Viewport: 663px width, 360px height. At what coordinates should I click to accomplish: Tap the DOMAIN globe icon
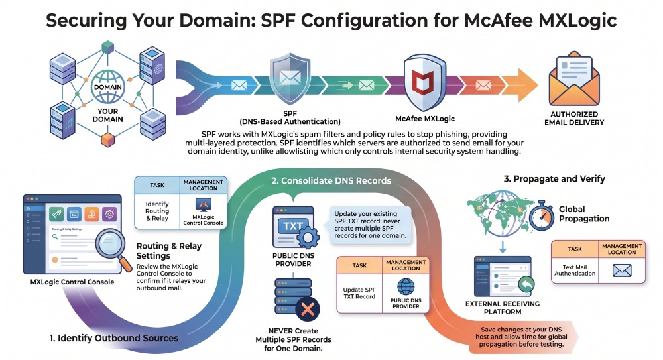[x=108, y=87]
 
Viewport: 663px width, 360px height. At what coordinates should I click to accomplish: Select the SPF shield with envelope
[x=290, y=79]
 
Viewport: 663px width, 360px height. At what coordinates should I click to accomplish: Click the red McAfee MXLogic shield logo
[x=424, y=82]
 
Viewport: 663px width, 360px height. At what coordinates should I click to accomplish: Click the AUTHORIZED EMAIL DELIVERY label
[x=573, y=119]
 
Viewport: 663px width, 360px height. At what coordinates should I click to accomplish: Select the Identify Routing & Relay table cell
[x=157, y=211]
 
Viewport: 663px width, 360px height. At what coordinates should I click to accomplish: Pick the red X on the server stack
[x=308, y=309]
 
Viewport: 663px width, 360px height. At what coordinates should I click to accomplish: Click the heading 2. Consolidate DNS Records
[x=331, y=181]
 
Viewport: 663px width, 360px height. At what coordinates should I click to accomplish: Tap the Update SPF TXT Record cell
[x=359, y=293]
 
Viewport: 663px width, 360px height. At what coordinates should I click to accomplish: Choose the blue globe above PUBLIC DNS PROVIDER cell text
[x=406, y=287]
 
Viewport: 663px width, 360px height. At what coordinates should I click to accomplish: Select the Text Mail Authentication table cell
[x=575, y=270]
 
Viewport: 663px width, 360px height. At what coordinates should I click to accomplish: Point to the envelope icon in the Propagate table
[x=622, y=270]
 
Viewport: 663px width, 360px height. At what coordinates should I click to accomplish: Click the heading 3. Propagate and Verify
[x=554, y=179]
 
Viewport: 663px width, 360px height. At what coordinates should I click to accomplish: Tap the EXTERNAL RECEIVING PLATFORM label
[x=503, y=308]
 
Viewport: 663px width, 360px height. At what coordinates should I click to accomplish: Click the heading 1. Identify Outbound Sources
[x=114, y=338]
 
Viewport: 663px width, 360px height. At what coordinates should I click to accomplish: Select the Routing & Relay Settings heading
[x=168, y=251]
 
